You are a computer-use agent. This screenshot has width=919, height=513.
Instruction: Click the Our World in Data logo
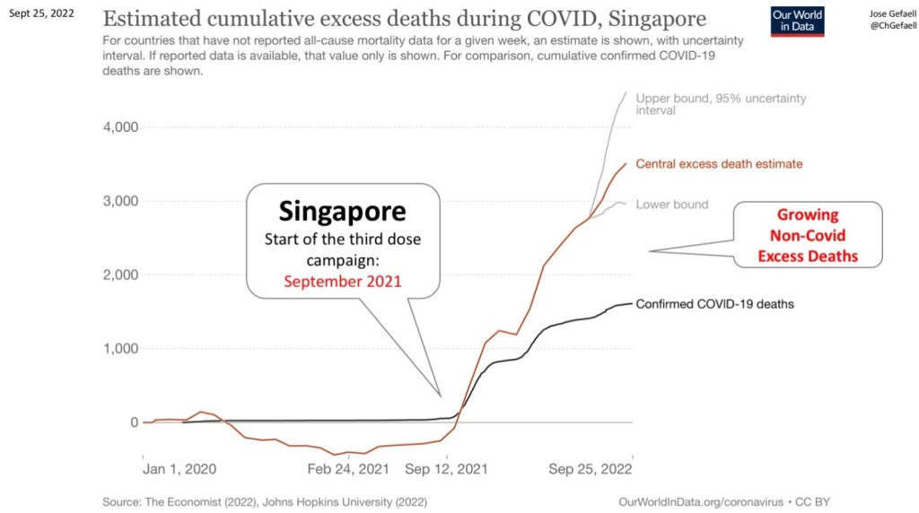coord(798,22)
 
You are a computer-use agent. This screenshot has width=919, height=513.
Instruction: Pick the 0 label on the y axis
coord(134,422)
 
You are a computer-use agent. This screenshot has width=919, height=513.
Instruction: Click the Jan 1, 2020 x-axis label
coord(179,468)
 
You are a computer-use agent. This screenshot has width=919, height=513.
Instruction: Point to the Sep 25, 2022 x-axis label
coord(591,468)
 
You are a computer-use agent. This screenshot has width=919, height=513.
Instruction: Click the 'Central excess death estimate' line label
coord(719,164)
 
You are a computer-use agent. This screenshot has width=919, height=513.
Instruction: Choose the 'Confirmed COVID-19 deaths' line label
coord(714,304)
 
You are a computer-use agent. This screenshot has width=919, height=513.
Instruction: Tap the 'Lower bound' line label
coord(671,204)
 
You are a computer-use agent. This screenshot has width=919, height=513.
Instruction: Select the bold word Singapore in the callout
coord(342,212)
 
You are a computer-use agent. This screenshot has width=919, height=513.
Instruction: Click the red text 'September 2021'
coord(342,281)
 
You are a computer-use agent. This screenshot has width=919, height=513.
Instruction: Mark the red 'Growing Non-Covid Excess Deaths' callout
coord(808,236)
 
